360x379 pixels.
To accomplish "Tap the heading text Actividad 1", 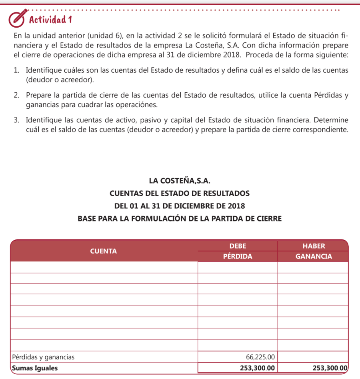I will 50,19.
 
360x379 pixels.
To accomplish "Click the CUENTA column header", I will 104,251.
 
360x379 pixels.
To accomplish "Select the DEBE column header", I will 238,246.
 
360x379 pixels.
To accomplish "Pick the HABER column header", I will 314,246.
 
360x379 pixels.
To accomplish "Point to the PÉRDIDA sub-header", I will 238,256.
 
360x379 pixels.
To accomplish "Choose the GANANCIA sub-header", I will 314,256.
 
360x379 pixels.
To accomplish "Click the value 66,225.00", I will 260,357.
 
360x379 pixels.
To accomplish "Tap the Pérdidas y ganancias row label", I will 43,357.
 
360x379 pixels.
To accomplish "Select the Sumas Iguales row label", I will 35,368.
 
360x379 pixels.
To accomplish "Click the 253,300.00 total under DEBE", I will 257,368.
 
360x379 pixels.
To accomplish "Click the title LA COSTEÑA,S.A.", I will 180,181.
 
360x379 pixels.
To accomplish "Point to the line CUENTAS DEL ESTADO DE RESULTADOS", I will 180,193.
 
